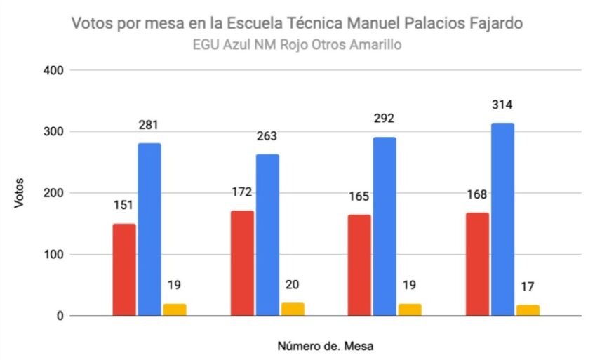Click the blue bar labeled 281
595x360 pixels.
point(149,229)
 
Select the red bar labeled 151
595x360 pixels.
point(124,269)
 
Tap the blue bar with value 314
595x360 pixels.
point(502,220)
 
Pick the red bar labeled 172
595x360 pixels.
point(242,263)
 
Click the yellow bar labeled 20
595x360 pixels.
point(293,309)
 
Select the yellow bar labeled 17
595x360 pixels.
point(528,310)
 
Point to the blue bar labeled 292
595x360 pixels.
point(385,226)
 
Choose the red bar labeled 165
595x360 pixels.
point(359,265)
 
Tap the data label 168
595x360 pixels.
point(477,194)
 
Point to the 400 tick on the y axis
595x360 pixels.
point(55,70)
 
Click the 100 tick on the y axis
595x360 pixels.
point(55,255)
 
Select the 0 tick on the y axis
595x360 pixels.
point(61,316)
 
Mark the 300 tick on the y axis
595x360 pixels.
point(55,132)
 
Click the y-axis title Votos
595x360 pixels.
point(19,192)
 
